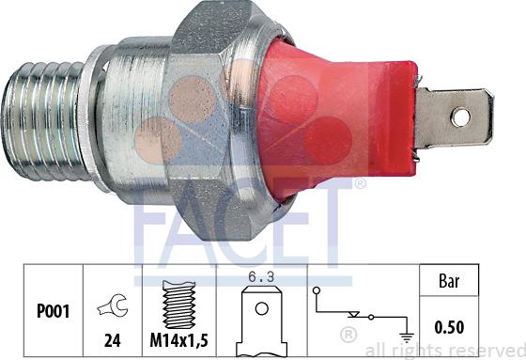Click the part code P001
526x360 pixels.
coord(53,311)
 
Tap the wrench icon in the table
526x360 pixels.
coord(113,305)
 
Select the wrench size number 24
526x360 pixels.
coord(113,340)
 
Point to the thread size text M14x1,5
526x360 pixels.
coord(178,340)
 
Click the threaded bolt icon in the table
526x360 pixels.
coord(179,305)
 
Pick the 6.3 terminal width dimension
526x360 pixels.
coord(261,277)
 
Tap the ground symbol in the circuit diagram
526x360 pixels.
coord(407,337)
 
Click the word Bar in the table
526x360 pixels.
coord(449,281)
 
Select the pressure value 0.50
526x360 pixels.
coord(449,327)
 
